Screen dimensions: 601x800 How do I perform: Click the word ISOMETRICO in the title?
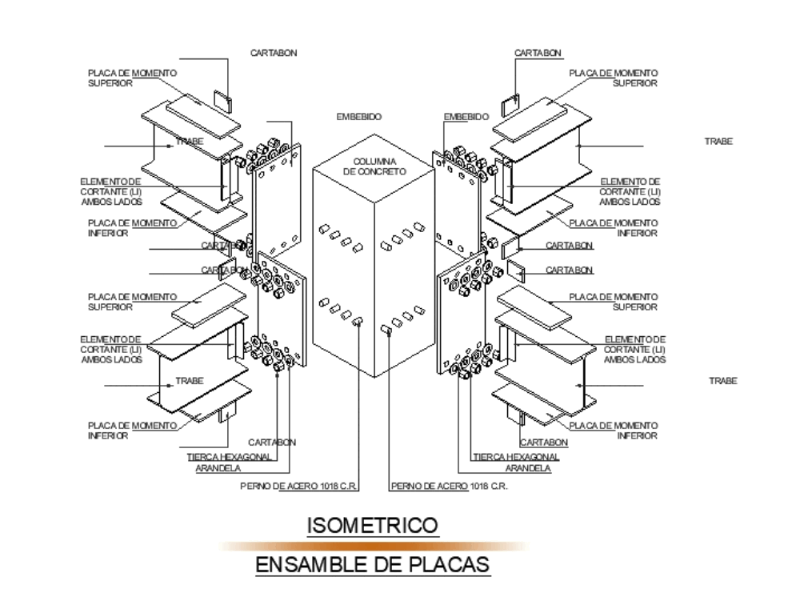tap(372, 526)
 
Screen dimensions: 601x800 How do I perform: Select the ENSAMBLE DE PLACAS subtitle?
tap(372, 565)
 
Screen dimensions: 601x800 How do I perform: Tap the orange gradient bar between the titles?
tap(372, 546)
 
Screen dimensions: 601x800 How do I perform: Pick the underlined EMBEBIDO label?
tap(465, 117)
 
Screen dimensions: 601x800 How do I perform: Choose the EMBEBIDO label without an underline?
tap(359, 117)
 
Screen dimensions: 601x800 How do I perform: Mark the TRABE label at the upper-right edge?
tap(718, 141)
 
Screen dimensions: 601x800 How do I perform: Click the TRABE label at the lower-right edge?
tap(722, 381)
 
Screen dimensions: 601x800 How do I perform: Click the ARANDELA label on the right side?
tap(527, 469)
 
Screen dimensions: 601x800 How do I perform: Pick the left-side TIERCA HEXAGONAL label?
tap(229, 457)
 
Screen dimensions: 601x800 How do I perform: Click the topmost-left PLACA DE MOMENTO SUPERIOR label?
tap(132, 78)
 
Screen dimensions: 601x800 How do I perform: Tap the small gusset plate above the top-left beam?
tap(222, 101)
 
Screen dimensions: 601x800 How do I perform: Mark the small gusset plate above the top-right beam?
tap(510, 105)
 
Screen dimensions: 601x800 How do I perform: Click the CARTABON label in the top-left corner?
tap(274, 53)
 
